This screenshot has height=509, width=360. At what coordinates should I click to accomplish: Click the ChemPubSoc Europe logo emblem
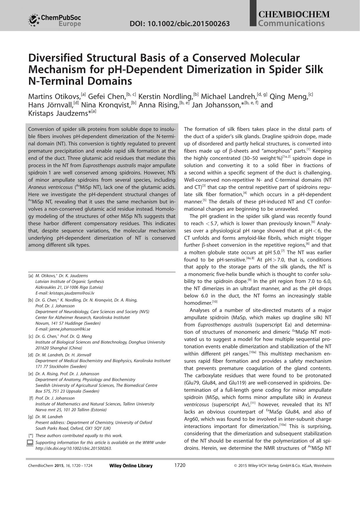[x=34, y=20]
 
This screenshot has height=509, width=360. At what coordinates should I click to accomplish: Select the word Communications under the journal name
[x=291, y=23]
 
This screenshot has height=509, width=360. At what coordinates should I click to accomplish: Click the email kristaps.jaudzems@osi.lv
[x=72, y=293]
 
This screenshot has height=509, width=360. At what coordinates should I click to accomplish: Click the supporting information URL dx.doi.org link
[x=73, y=448]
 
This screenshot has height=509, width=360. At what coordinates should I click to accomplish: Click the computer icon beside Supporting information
[x=30, y=443]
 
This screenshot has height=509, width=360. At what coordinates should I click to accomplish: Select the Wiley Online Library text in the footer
[x=131, y=466]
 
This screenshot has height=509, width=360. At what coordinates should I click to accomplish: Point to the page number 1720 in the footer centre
[x=180, y=465]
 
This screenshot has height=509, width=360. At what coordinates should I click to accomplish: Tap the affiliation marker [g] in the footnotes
[x=30, y=417]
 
